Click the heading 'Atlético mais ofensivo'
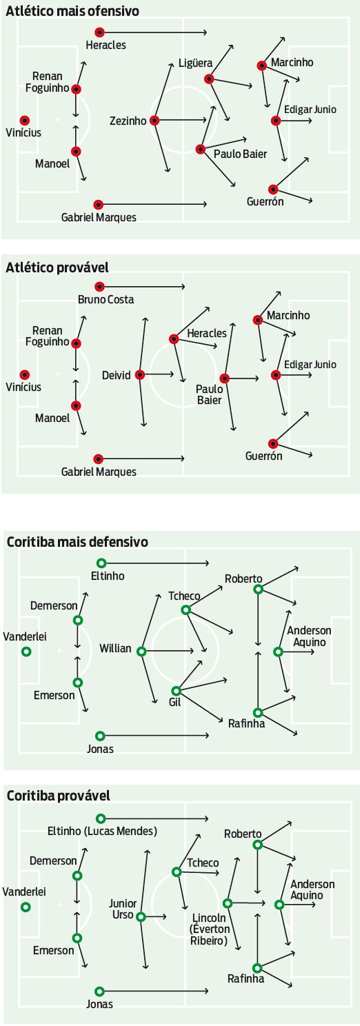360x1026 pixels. (72, 10)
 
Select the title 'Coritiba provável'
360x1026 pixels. (58, 795)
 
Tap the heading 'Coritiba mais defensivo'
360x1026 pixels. (77, 542)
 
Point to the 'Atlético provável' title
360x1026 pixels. (57, 268)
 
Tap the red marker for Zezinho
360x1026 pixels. (154, 121)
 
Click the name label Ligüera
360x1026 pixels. (195, 63)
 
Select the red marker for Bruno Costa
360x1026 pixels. (99, 287)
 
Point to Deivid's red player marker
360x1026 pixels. (140, 374)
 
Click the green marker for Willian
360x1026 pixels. (141, 652)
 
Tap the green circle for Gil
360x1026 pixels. (176, 691)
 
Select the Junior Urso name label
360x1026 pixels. (123, 909)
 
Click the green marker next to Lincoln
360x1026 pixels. (227, 903)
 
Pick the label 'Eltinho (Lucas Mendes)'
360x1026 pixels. (102, 830)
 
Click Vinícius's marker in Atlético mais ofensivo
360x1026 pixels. (25, 121)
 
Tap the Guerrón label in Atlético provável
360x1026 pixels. (264, 456)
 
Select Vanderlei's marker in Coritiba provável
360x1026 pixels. (26, 907)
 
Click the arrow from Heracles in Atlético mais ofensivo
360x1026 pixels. (153, 32)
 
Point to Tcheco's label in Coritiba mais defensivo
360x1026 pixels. (184, 596)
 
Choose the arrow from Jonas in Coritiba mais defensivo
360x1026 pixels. (154, 736)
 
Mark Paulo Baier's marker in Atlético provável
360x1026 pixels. (224, 379)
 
